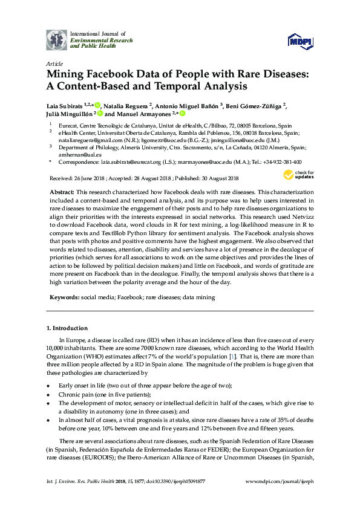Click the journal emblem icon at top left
pos(57,39)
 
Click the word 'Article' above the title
pos(53,63)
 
